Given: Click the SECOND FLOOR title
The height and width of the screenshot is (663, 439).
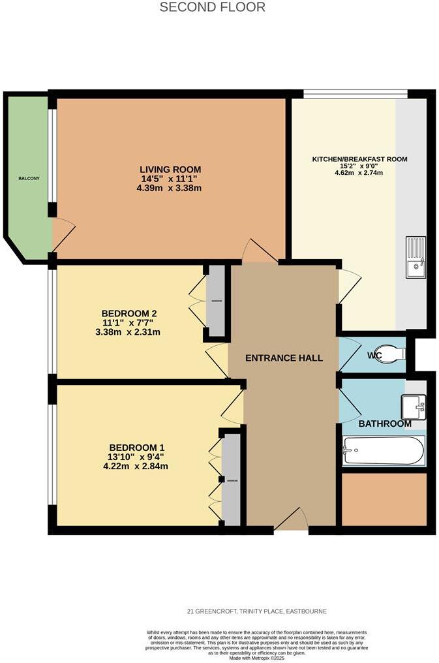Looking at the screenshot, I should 213,8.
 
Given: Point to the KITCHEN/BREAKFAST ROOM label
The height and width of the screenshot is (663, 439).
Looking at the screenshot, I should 359,159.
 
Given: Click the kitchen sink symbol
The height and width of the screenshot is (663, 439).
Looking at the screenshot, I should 416,257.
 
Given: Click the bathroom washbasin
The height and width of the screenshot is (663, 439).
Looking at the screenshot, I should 414,407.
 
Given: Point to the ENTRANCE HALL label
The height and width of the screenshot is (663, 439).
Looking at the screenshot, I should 284,358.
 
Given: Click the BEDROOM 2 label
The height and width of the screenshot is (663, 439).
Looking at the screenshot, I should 129,313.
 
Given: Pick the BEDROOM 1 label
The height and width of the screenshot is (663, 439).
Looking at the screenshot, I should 138,448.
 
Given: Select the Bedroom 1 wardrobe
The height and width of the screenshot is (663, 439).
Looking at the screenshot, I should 231,480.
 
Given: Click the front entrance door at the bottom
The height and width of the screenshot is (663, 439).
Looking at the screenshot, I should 291,520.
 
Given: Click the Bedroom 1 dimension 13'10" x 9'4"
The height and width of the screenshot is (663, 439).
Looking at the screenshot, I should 138,457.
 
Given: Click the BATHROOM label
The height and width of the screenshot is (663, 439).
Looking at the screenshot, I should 385,424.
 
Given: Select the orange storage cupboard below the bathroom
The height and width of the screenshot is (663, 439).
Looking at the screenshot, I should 384,499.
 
